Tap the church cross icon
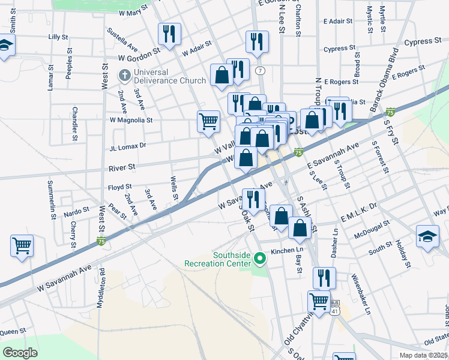pos(124,76)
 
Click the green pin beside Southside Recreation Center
pos(260,259)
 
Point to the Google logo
pos(20,352)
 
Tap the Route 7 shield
pos(260,71)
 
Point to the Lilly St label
pos(58,37)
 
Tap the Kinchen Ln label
pos(285,251)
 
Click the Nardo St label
pos(76,211)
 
